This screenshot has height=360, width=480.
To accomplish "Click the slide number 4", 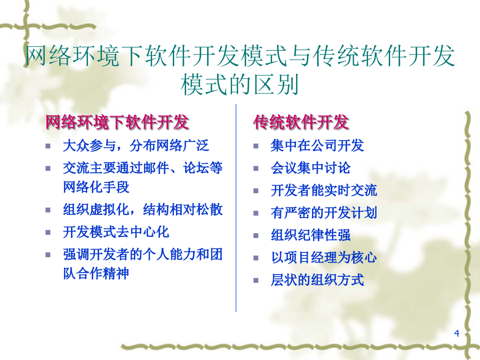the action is click(x=457, y=333).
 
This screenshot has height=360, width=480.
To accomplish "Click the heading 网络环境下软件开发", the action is click(x=117, y=122).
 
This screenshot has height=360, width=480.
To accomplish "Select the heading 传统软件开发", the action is click(x=301, y=122).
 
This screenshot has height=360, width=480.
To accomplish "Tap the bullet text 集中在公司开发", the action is click(x=317, y=146).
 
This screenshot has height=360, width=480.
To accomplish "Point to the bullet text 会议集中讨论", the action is click(x=310, y=168).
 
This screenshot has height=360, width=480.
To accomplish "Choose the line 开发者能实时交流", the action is click(x=324, y=190).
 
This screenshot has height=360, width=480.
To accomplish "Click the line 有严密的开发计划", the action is click(x=324, y=213).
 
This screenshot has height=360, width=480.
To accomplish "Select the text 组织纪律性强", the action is click(x=310, y=235).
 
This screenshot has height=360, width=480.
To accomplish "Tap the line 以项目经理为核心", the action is click(x=324, y=258).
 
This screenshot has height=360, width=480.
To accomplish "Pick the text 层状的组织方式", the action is click(x=317, y=280).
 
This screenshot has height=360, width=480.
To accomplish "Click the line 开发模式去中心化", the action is click(x=116, y=232).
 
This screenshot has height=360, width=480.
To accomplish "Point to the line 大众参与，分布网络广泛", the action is click(x=136, y=146).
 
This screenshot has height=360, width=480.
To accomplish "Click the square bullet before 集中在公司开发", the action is click(x=256, y=146).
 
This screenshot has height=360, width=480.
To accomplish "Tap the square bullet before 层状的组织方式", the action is click(x=256, y=281).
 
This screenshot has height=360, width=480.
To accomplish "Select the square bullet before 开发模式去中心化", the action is click(x=48, y=233).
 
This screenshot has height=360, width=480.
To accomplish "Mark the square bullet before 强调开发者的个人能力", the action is click(x=48, y=255).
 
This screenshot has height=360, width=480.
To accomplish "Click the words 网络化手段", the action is click(x=96, y=187).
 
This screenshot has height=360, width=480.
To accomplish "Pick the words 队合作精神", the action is click(x=96, y=274).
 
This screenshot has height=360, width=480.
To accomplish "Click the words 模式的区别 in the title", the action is click(x=239, y=85).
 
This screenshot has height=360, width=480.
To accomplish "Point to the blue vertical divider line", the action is click(x=236, y=208).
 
